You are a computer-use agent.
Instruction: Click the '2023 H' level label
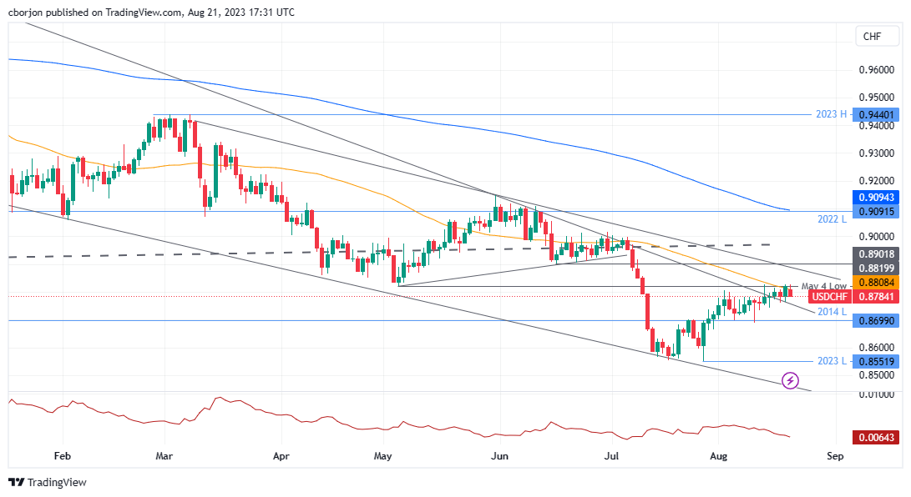pos(831,115)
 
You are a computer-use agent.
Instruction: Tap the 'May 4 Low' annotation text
pos(823,286)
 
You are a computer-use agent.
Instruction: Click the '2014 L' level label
pos(832,311)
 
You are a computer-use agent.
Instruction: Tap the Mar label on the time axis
pos(164,457)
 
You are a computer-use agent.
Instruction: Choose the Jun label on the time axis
pos(499,457)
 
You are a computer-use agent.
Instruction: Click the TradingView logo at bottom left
pos(48,482)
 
